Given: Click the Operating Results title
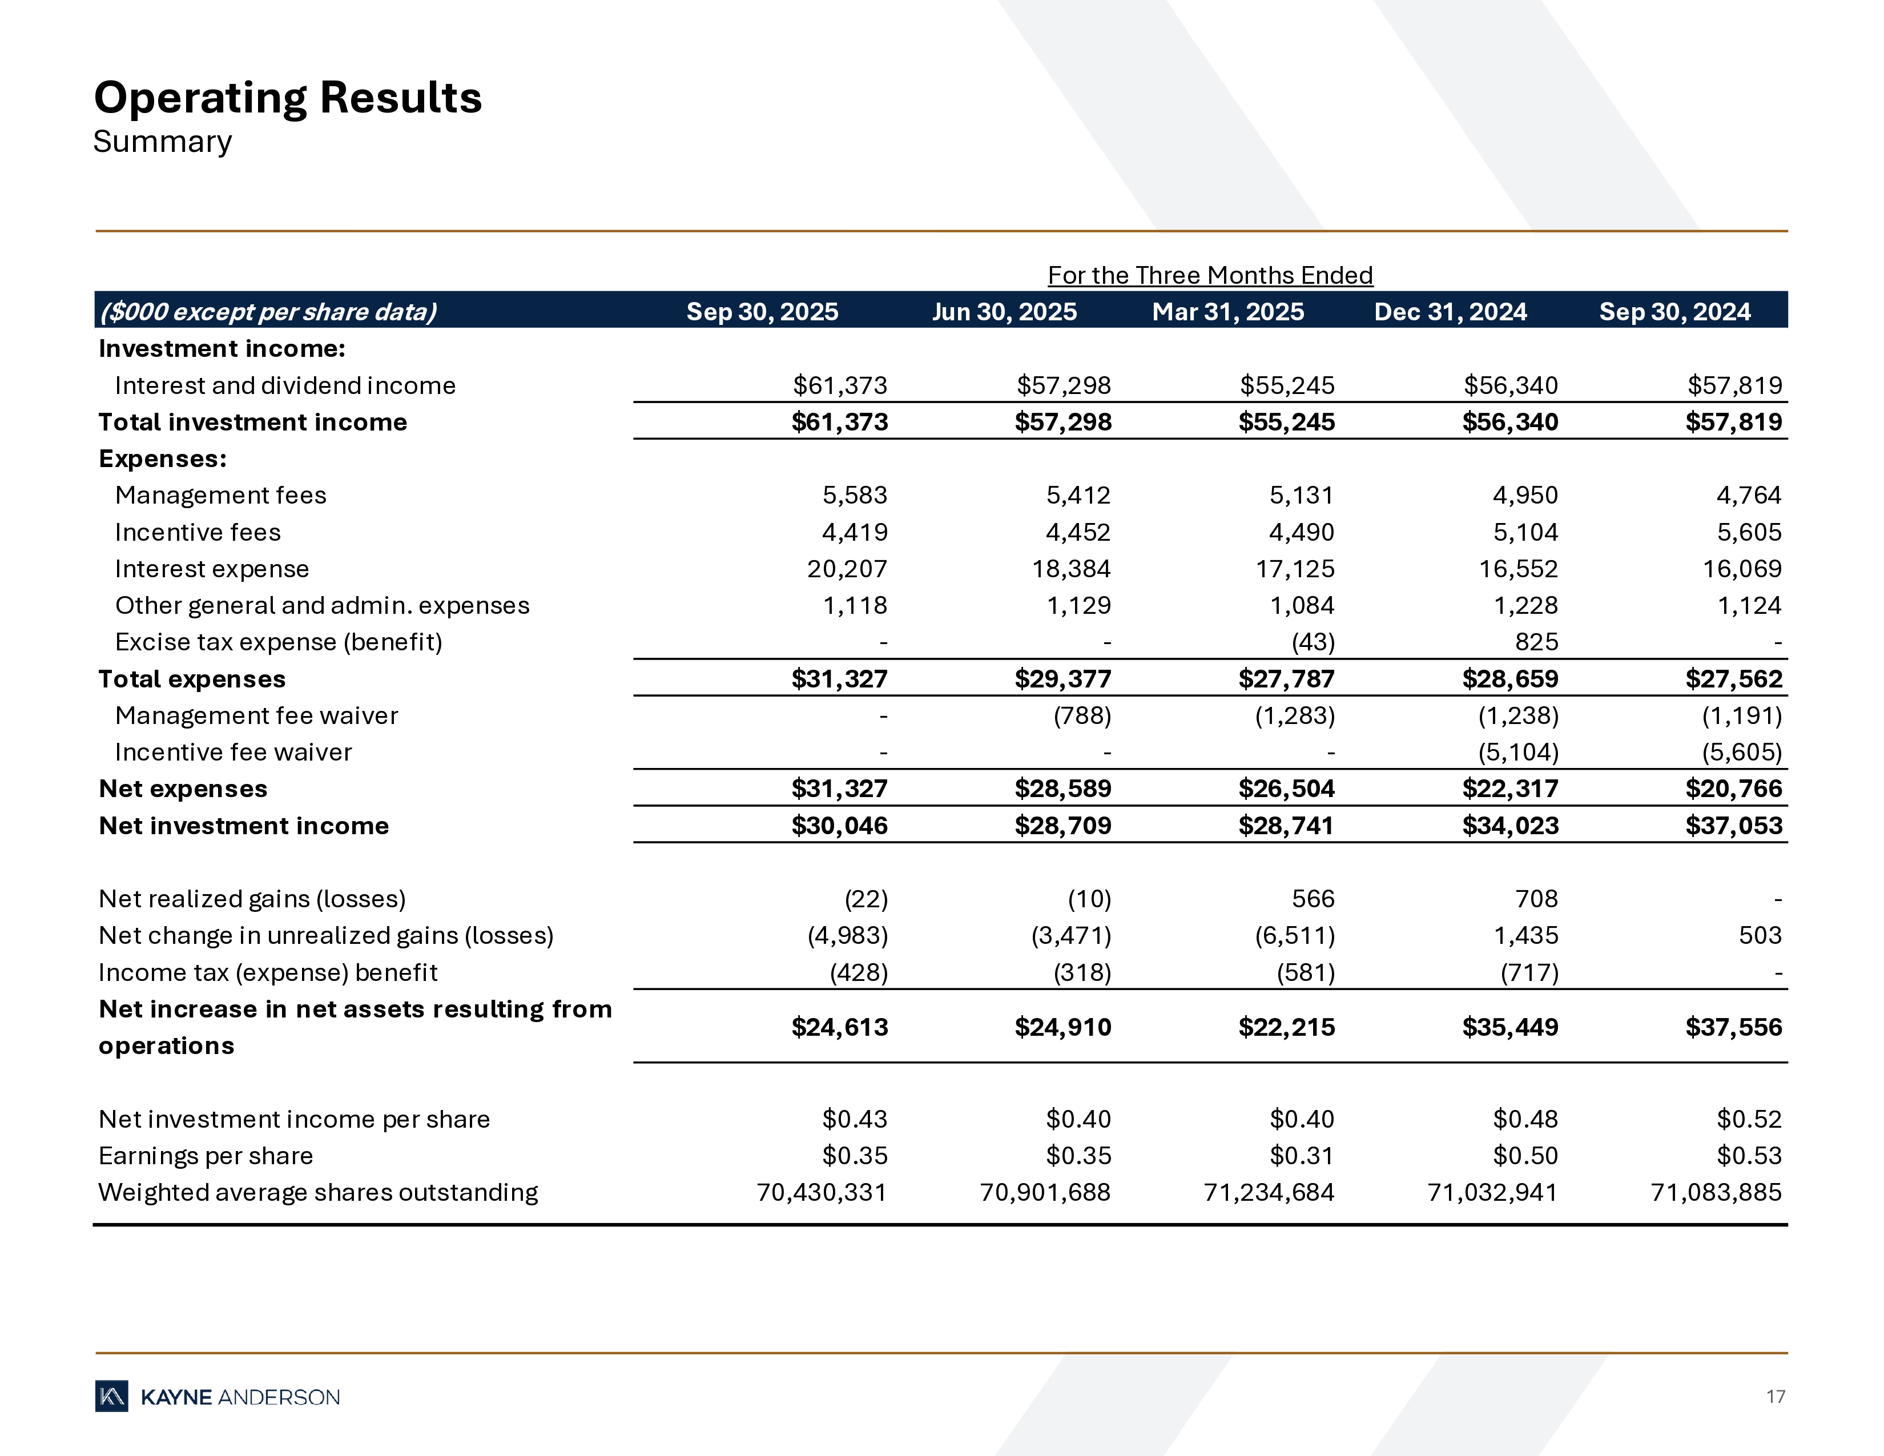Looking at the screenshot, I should [287, 98].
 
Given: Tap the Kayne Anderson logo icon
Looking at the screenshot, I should [111, 1397].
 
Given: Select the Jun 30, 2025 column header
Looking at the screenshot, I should [1004, 311].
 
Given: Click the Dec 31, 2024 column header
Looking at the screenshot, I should [1450, 311].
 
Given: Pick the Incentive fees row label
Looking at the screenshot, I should [198, 532].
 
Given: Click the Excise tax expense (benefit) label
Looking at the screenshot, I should [278, 642].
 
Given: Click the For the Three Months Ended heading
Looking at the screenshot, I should [1209, 275].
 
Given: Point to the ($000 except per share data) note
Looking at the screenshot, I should [268, 311].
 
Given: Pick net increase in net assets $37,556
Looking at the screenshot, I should [1733, 1027].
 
